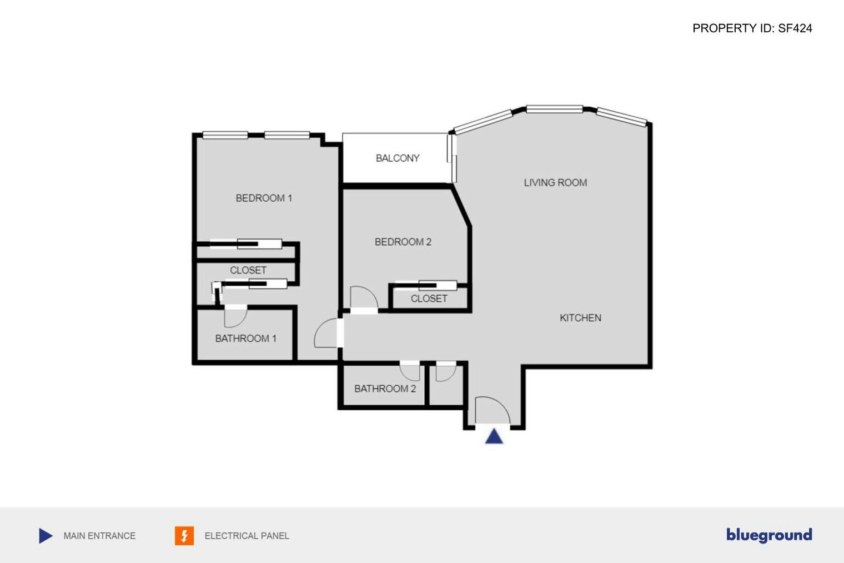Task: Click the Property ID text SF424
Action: pyautogui.click(x=752, y=28)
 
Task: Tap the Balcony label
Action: pyautogui.click(x=398, y=158)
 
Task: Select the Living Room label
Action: pyautogui.click(x=555, y=183)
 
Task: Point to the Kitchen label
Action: pyautogui.click(x=580, y=318)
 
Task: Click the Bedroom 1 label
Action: pyautogui.click(x=264, y=198)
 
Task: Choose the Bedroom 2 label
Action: pyautogui.click(x=403, y=242)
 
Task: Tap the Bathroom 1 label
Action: pyautogui.click(x=245, y=338)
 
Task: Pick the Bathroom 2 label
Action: pyautogui.click(x=385, y=389)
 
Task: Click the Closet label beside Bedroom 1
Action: pyautogui.click(x=248, y=271)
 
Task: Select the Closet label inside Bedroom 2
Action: pyautogui.click(x=429, y=299)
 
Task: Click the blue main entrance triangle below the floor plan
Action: pyautogui.click(x=494, y=436)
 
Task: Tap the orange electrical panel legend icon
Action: pyautogui.click(x=184, y=536)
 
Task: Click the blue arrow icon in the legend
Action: pyautogui.click(x=46, y=536)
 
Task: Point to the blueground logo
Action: pyautogui.click(x=769, y=535)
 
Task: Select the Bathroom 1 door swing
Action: pyautogui.click(x=235, y=317)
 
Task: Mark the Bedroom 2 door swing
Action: pyautogui.click(x=363, y=300)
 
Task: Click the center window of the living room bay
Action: pyautogui.click(x=554, y=109)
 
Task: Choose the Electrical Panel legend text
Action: pyautogui.click(x=247, y=536)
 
